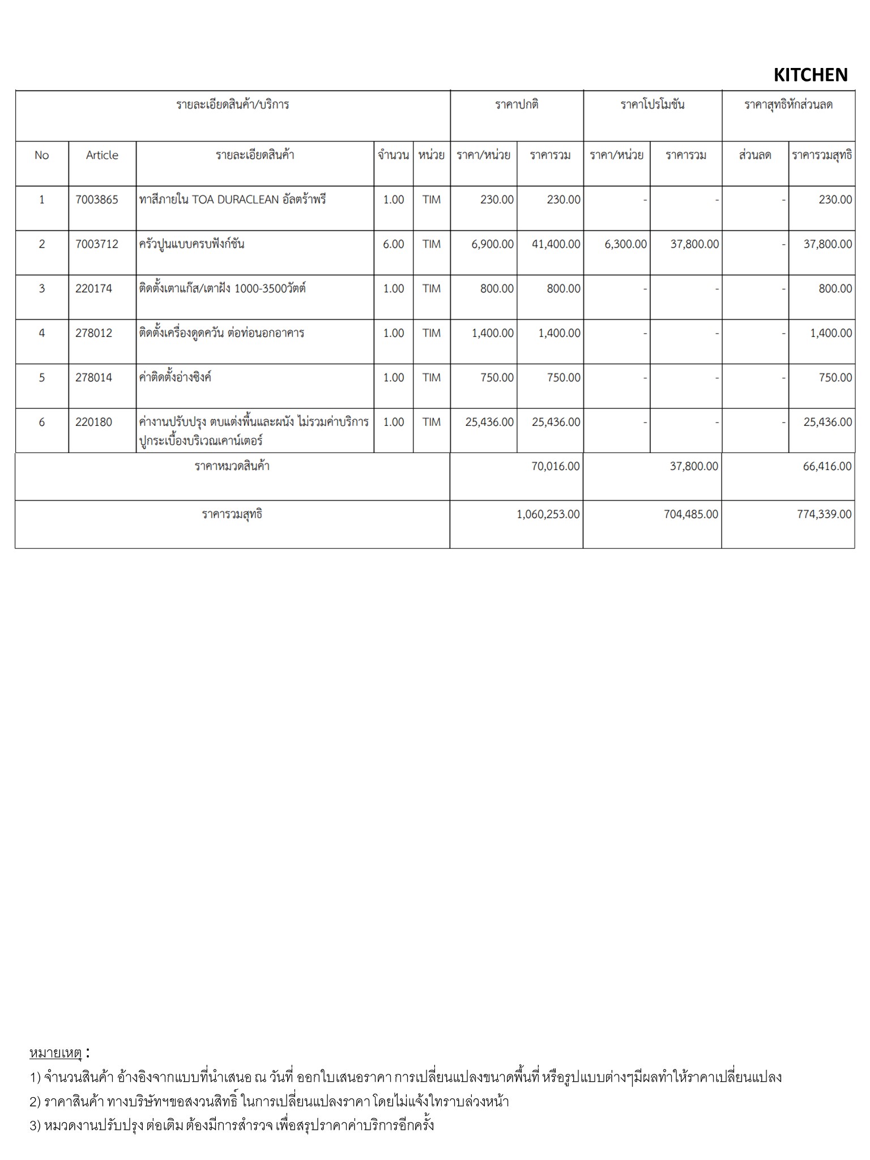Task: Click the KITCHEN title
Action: click(810, 75)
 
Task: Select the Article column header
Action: click(102, 155)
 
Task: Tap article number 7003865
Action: click(97, 199)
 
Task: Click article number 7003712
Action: click(97, 244)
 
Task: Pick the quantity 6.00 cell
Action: click(394, 244)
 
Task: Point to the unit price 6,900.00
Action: click(492, 244)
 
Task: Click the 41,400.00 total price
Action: click(556, 244)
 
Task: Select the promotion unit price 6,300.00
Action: click(625, 244)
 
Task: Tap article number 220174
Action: click(93, 288)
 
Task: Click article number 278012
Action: click(93, 333)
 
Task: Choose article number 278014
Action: click(93, 377)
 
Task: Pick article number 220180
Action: click(93, 422)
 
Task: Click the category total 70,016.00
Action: click(555, 466)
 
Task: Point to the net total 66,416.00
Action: click(826, 466)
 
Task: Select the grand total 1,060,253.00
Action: click(548, 514)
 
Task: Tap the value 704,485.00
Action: click(690, 514)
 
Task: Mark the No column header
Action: click(41, 155)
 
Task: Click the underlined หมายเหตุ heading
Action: click(56, 1053)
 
